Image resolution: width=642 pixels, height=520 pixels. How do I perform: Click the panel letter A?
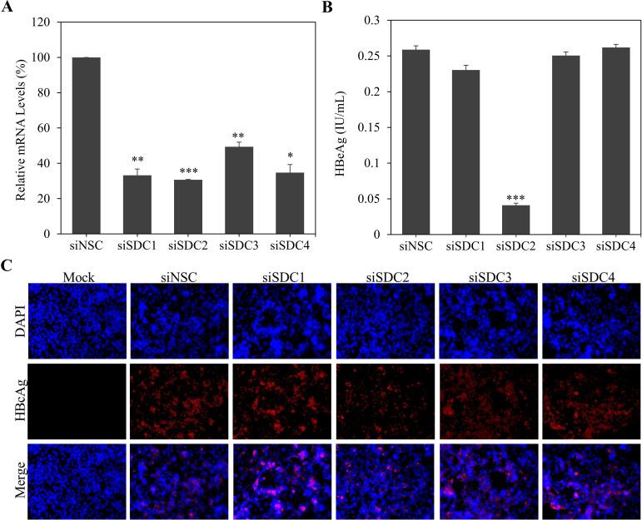pyautogui.click(x=8, y=7)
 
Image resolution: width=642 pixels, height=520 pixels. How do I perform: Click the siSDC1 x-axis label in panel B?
pyautogui.click(x=468, y=247)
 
